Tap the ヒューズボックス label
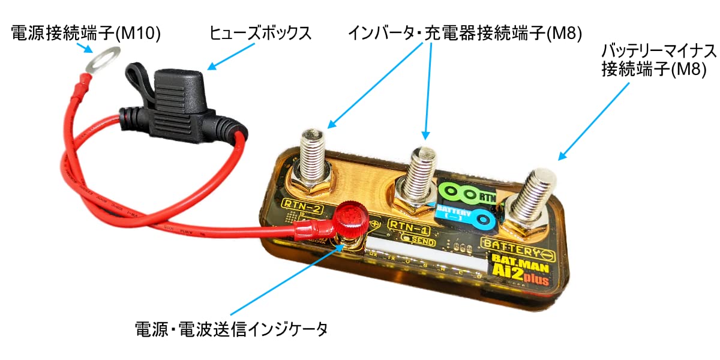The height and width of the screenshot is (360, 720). point(260,34)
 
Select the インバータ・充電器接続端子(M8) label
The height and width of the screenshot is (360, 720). point(466,34)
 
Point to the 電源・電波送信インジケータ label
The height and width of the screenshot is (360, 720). point(232,329)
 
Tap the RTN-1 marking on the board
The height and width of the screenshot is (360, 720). point(408,227)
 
